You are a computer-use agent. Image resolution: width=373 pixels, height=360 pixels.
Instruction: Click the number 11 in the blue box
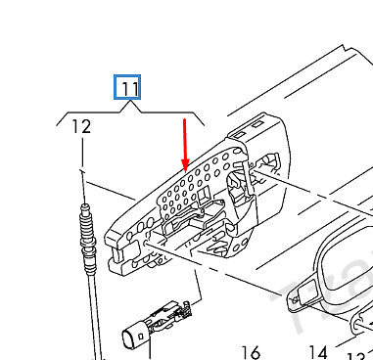tap(129, 89)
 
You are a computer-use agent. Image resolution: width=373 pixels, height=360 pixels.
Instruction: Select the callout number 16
tap(250, 352)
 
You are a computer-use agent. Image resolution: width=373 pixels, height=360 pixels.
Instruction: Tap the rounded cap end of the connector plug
tap(133, 339)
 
